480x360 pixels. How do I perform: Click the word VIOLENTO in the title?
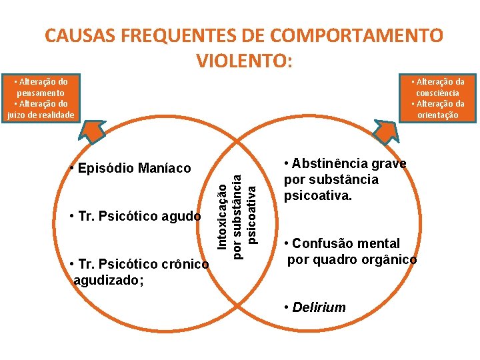click(241, 61)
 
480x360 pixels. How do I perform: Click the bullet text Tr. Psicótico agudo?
click(135, 216)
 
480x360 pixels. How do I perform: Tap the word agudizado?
click(107, 280)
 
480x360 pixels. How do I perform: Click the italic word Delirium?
click(319, 307)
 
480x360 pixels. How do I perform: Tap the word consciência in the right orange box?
click(437, 93)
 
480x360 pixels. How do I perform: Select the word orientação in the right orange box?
click(437, 115)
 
